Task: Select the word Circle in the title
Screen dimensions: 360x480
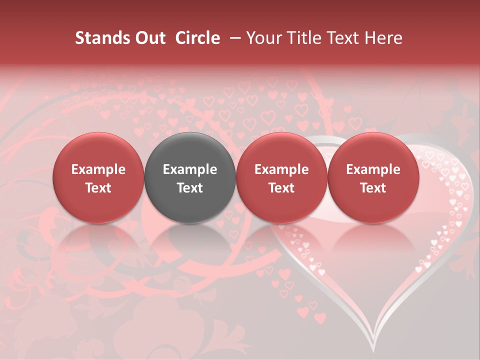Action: click(197, 38)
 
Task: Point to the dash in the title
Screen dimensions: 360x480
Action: click(235, 38)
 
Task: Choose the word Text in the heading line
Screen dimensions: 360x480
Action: click(342, 38)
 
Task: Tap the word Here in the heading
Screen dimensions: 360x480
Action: click(384, 38)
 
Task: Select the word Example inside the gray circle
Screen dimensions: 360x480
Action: click(190, 169)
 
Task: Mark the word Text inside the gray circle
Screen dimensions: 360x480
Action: click(190, 188)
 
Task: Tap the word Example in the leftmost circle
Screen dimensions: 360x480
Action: click(98, 169)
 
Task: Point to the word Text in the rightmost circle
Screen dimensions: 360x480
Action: click(373, 188)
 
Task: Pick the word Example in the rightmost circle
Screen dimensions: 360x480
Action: click(373, 169)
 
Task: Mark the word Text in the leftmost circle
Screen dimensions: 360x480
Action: click(98, 188)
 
